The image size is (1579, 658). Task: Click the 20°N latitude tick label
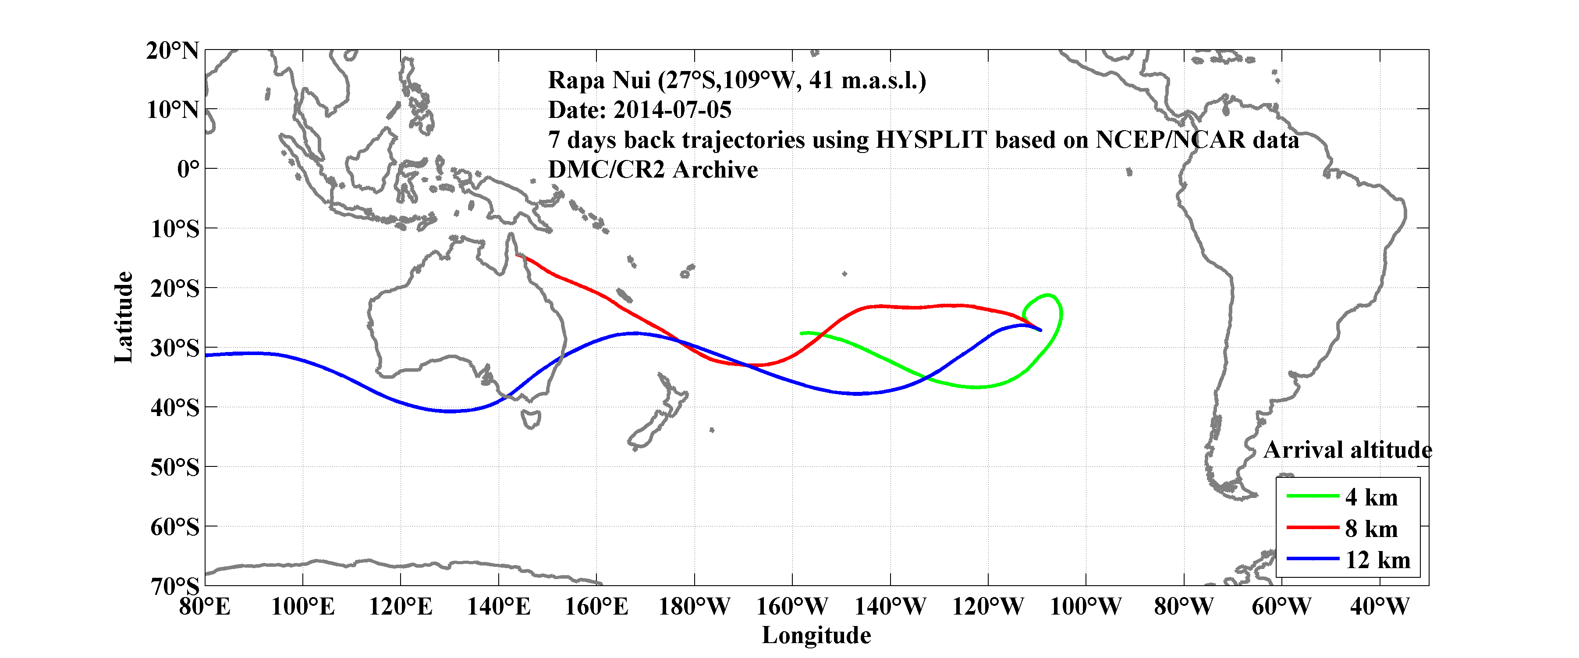click(172, 51)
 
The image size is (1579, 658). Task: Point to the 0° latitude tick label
click(188, 169)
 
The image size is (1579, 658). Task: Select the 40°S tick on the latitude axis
click(175, 407)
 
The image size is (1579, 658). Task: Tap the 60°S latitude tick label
click(175, 527)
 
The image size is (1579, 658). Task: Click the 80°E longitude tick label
click(205, 607)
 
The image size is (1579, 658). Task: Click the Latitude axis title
click(124, 317)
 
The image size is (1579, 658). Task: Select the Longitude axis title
click(816, 635)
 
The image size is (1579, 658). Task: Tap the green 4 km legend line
click(1313, 495)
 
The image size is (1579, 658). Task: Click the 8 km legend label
click(1371, 529)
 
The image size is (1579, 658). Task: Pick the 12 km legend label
click(1377, 560)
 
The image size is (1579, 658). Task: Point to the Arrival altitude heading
click(1347, 450)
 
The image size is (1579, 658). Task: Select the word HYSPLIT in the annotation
click(930, 140)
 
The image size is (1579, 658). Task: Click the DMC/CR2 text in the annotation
click(606, 170)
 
